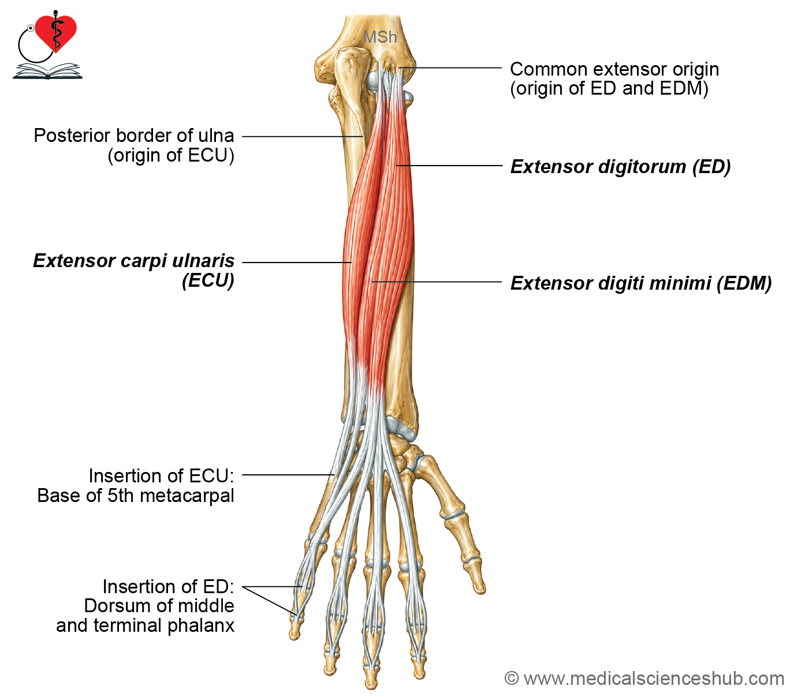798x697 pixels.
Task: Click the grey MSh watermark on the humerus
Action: point(380,37)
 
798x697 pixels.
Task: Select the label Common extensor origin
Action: point(614,69)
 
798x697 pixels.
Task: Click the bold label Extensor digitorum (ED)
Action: point(621,167)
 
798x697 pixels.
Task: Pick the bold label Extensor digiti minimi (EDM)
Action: point(641,283)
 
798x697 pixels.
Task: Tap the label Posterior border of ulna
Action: point(134,136)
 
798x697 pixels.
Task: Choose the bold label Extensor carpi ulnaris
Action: point(134,261)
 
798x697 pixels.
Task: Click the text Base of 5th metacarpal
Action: point(136,496)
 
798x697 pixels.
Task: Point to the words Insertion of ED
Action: point(169,586)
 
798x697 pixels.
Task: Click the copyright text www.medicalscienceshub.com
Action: point(654,679)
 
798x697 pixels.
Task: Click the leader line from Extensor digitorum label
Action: point(449,166)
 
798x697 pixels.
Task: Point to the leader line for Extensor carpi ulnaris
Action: point(297,262)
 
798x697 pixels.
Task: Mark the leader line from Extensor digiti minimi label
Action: point(437,282)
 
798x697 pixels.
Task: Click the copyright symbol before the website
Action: point(512,679)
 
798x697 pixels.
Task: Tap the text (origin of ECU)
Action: point(171,155)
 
